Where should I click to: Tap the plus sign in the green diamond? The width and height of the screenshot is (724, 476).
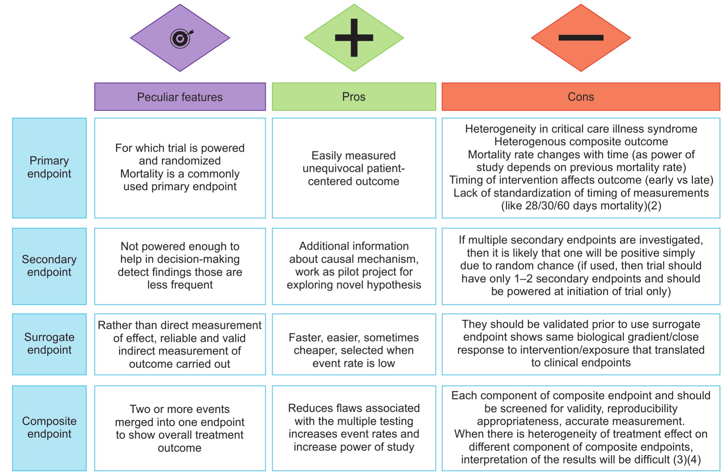pyautogui.click(x=354, y=38)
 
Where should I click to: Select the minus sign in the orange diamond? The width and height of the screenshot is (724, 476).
pyautogui.click(x=581, y=38)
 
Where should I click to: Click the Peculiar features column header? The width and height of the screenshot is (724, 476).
pyautogui.click(x=180, y=97)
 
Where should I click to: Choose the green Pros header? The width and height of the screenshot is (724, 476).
pyautogui.click(x=354, y=97)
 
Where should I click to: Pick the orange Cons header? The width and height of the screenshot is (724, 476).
pyautogui.click(x=581, y=97)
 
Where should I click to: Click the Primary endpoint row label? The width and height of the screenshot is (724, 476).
pyautogui.click(x=49, y=167)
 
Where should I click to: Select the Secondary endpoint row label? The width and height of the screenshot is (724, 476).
pyautogui.click(x=49, y=266)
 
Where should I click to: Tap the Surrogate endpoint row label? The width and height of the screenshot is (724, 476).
pyautogui.click(x=49, y=343)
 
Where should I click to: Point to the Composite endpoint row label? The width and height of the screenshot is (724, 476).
pyautogui.click(x=49, y=427)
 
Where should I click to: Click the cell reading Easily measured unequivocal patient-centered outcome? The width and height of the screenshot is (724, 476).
pyautogui.click(x=354, y=168)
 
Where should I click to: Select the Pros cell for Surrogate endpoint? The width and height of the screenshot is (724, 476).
pyautogui.click(x=354, y=350)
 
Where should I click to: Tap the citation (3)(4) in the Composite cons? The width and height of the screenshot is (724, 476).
pyautogui.click(x=687, y=460)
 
